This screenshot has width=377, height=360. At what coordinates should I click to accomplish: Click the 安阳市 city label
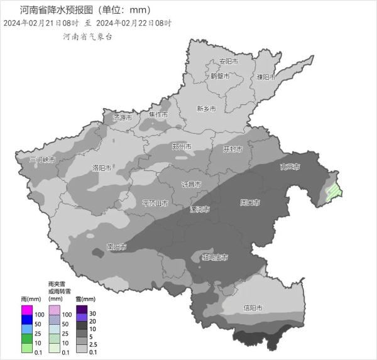pyautogui.click(x=228, y=62)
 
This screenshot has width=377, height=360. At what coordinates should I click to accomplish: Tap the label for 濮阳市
pyautogui.click(x=266, y=77)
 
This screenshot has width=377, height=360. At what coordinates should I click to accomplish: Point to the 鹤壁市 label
pyautogui.click(x=220, y=76)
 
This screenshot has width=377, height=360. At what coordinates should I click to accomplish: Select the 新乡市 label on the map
pyautogui.click(x=206, y=109)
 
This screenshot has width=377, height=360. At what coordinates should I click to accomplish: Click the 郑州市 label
pyautogui.click(x=182, y=146)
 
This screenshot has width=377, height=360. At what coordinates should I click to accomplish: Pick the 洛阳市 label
pyautogui.click(x=102, y=168)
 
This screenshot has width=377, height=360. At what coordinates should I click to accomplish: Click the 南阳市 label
pyautogui.click(x=117, y=246)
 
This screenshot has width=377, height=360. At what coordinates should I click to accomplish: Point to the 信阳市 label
pyautogui.click(x=253, y=308)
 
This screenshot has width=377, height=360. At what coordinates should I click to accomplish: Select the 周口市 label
pyautogui.click(x=250, y=203)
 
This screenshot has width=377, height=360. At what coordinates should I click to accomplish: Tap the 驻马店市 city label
pyautogui.click(x=214, y=258)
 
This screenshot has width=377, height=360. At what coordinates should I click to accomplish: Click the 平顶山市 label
pyautogui.click(x=155, y=204)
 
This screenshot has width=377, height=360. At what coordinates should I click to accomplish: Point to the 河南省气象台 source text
pyautogui.click(x=87, y=37)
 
